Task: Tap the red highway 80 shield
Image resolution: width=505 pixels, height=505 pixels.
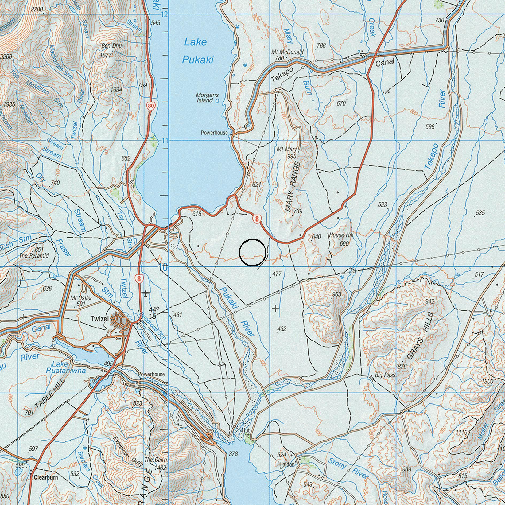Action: [x=151, y=106]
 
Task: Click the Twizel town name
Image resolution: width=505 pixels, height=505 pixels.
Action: [x=99, y=318]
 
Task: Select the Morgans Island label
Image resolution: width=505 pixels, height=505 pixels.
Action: [x=207, y=98]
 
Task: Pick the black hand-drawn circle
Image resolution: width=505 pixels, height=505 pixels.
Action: [x=252, y=252]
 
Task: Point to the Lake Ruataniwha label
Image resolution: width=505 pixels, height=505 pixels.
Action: [x=65, y=367]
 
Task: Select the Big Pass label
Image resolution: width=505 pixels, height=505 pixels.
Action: [x=385, y=375]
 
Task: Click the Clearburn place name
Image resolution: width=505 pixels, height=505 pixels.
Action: [x=46, y=477]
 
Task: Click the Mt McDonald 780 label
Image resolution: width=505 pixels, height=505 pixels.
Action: [x=287, y=54]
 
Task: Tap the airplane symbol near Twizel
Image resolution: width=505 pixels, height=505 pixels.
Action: [x=145, y=294]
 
